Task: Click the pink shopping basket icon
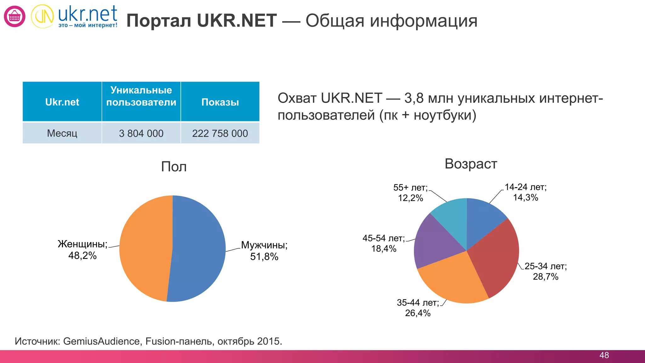click(14, 16)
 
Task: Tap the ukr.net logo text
click(87, 14)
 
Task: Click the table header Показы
click(220, 102)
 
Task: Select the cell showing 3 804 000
click(141, 133)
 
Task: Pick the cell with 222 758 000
click(220, 133)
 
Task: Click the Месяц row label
click(62, 133)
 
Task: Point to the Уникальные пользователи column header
click(141, 96)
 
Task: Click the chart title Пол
click(174, 167)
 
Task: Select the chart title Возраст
click(471, 164)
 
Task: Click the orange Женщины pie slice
click(145, 249)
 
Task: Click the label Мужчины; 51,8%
click(264, 251)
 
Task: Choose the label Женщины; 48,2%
click(83, 250)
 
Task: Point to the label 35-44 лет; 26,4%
click(418, 308)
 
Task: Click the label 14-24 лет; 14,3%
click(525, 192)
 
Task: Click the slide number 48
click(604, 355)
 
